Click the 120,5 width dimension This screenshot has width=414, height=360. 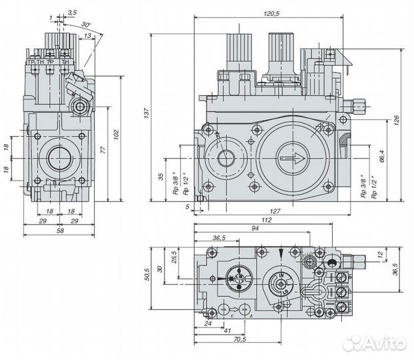coord(269,13)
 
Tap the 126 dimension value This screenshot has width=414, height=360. coord(397,121)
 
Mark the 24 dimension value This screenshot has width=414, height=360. coord(208,324)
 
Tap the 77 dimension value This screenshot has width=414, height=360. coord(103,150)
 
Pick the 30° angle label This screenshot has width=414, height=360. coord(86,25)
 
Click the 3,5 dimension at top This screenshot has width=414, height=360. coord(72,13)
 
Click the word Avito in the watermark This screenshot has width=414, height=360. coord(385,343)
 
